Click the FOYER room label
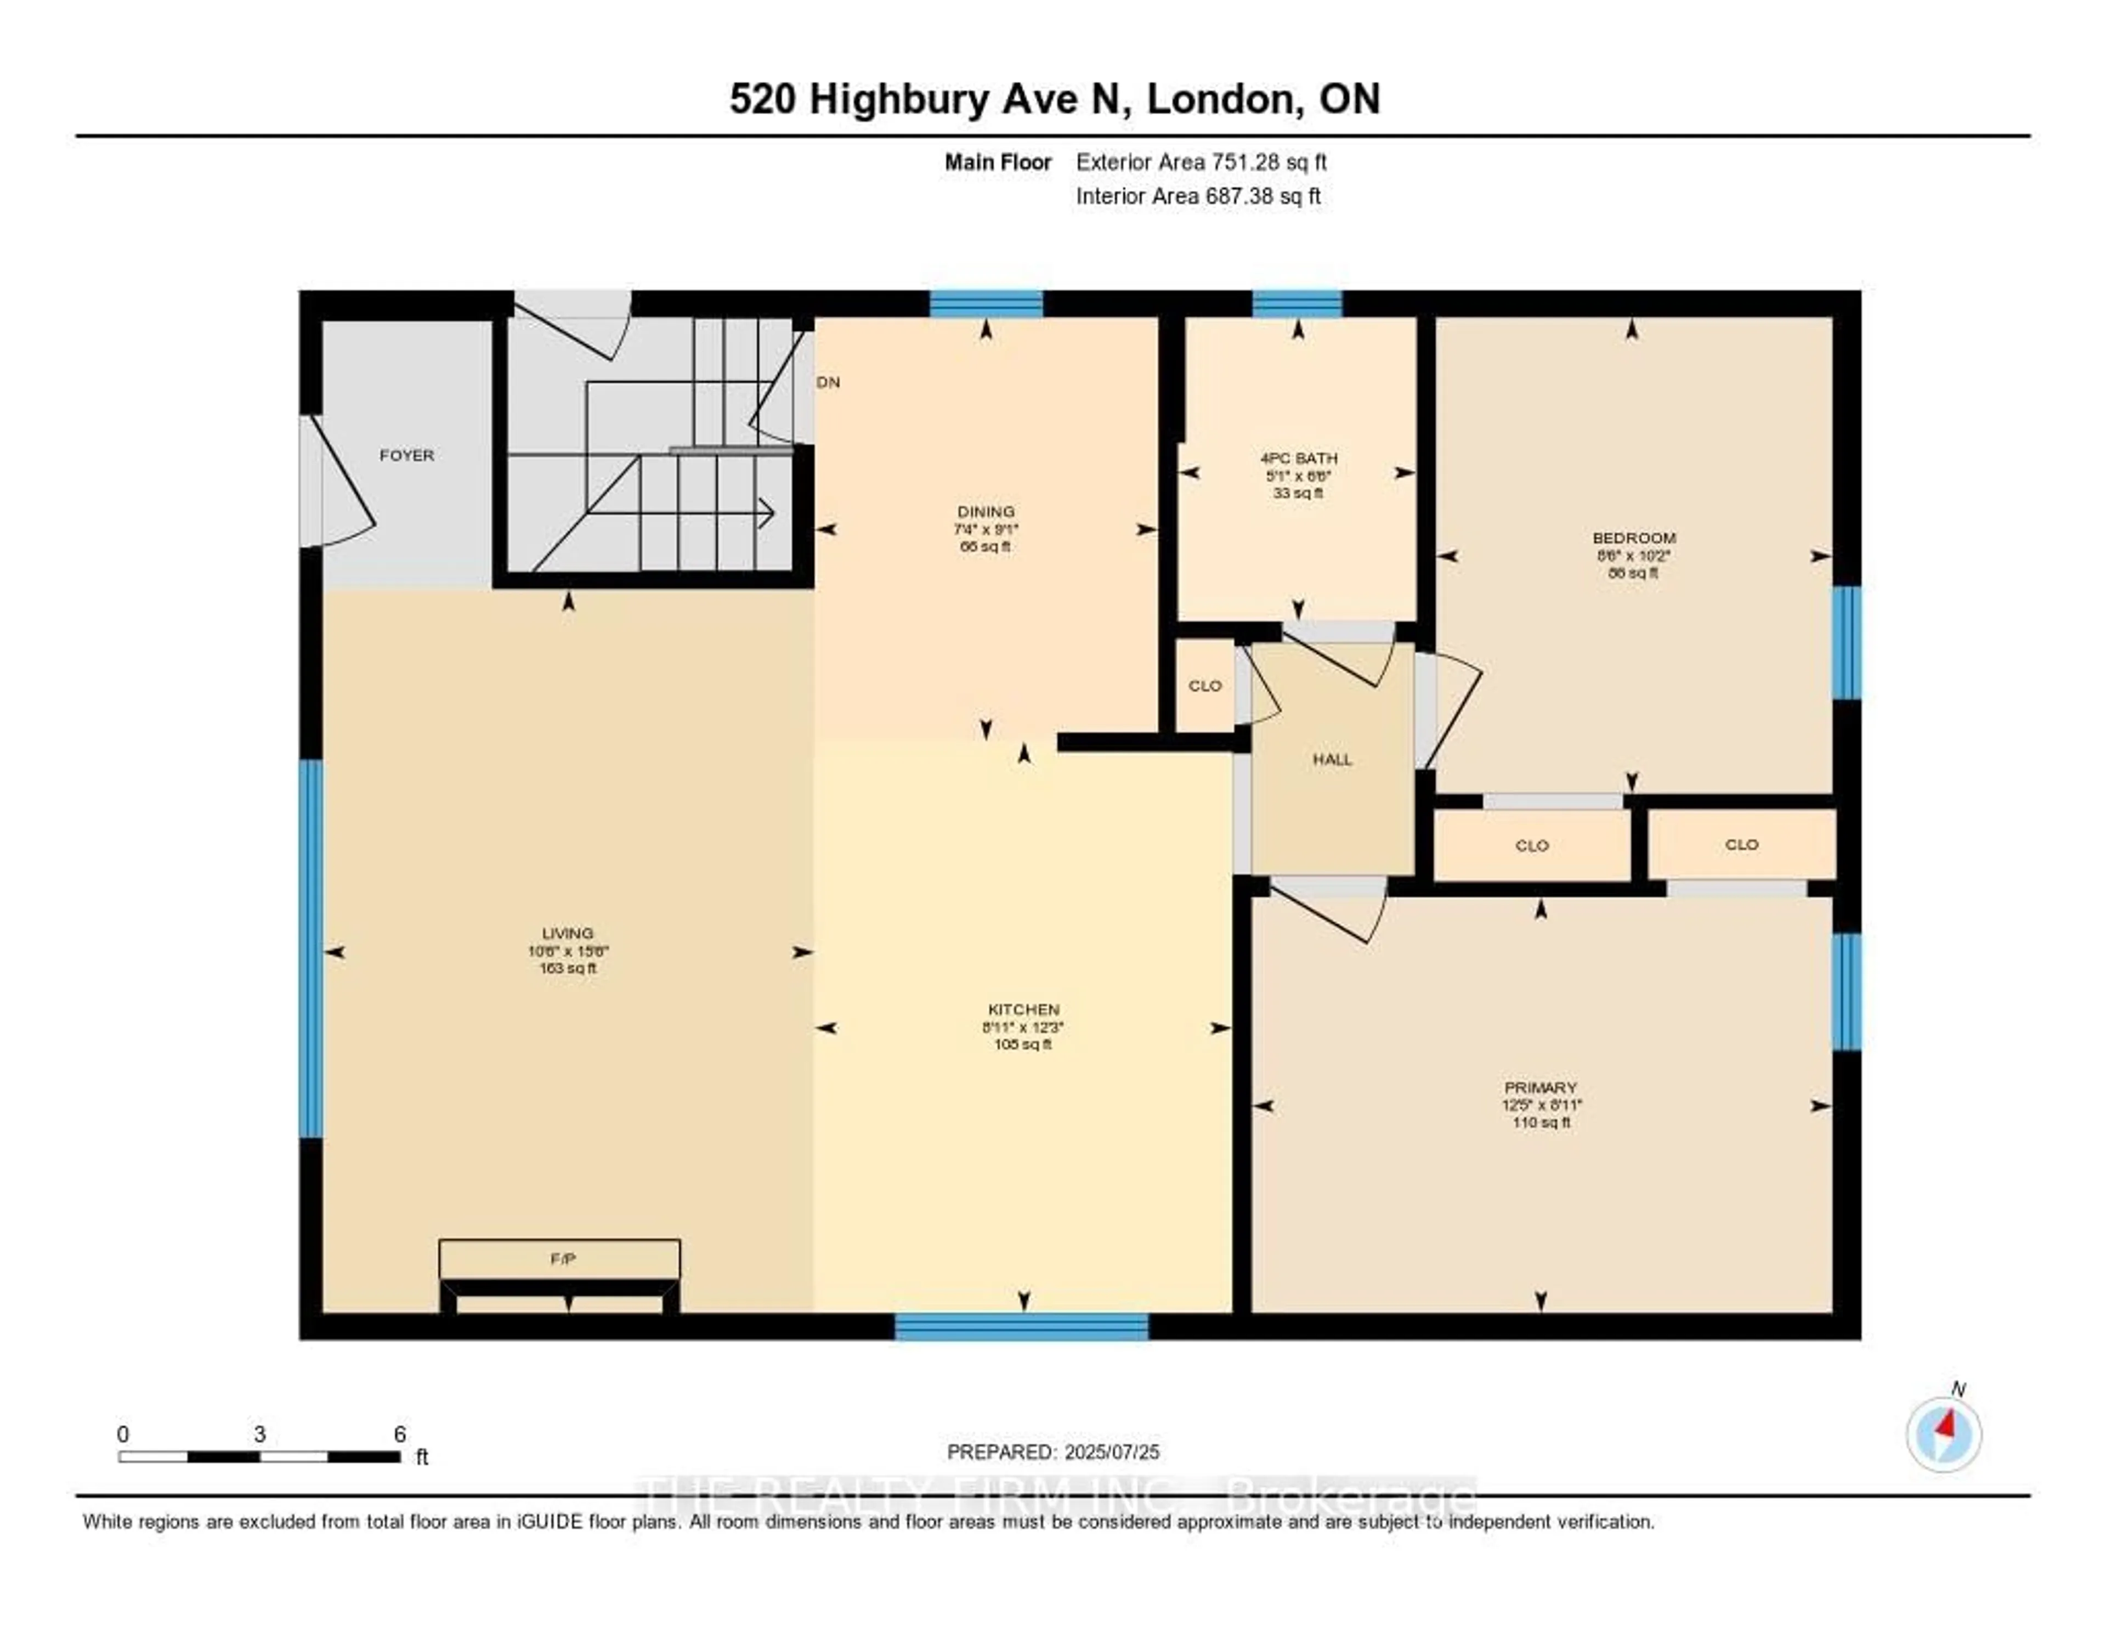click(x=406, y=455)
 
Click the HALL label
click(x=1332, y=760)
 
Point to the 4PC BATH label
click(x=1298, y=458)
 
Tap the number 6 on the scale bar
click(x=399, y=1434)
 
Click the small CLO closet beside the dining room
click(x=1204, y=686)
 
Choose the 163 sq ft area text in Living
click(x=568, y=968)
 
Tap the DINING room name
click(x=986, y=511)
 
